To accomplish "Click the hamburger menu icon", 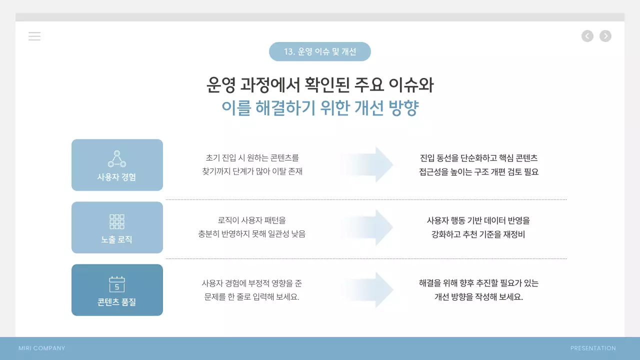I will [34, 36].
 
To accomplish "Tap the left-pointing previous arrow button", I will [587, 36].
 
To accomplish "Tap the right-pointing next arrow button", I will [605, 36].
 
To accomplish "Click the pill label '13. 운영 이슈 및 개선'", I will [320, 51].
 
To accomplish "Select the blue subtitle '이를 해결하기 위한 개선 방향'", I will [320, 107].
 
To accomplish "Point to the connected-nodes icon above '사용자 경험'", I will [117, 158].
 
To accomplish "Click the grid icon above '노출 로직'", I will [117, 221].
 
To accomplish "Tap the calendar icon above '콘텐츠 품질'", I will [117, 284].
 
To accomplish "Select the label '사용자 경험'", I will [117, 177].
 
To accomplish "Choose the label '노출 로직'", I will [117, 239].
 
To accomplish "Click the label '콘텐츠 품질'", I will [117, 302].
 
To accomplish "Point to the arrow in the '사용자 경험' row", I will [370, 164].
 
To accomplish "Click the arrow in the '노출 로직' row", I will [370, 227].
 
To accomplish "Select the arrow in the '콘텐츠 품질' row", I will [370, 289].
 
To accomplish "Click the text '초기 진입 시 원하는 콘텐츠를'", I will [252, 157].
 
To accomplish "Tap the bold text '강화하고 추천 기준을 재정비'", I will [478, 234].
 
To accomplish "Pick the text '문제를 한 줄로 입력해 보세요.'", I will [252, 296].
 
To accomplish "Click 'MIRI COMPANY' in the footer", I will [42, 348].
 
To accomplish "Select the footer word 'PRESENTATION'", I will [593, 348].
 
